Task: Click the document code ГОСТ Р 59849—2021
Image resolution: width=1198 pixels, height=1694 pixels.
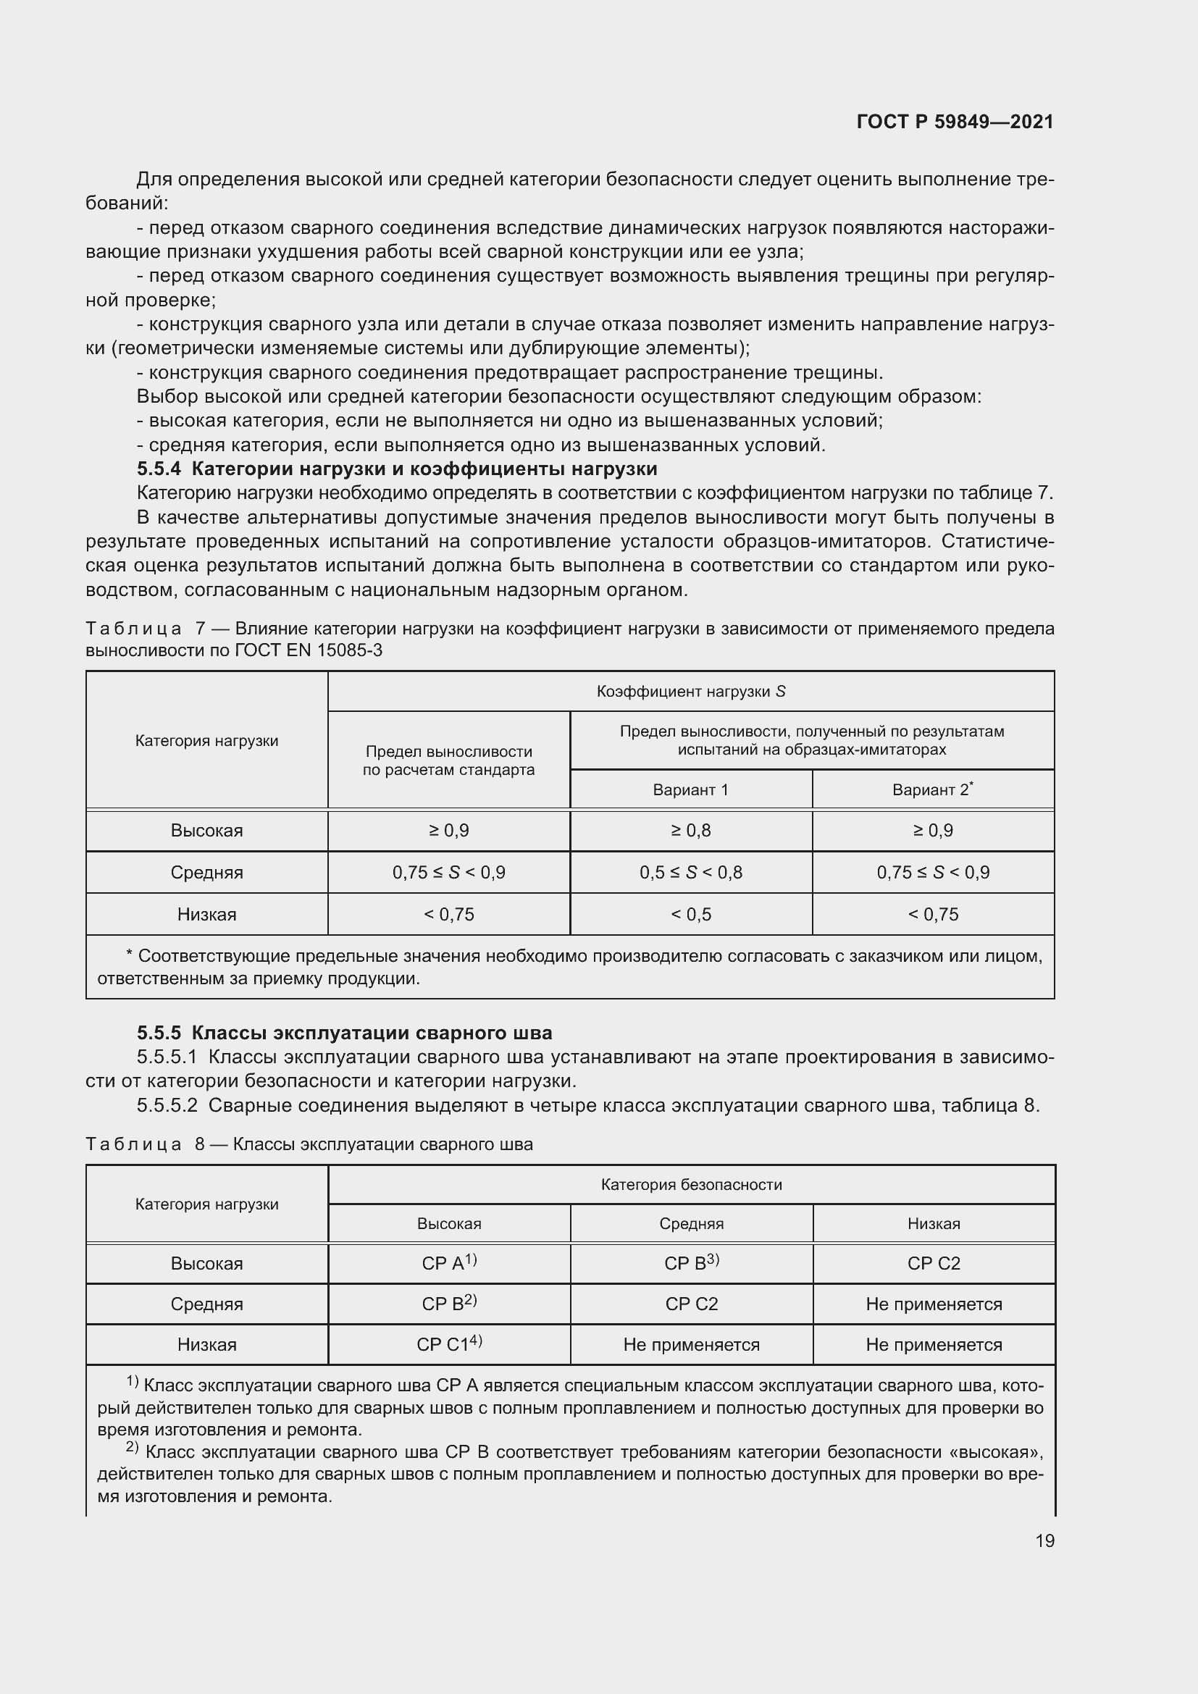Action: [955, 122]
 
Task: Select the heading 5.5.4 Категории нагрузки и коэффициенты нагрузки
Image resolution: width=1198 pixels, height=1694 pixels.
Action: [397, 469]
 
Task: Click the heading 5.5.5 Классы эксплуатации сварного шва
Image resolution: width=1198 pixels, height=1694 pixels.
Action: [345, 1033]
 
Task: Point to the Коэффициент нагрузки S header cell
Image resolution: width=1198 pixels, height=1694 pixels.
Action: [690, 692]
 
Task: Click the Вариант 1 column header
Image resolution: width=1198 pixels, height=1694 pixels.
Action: [690, 789]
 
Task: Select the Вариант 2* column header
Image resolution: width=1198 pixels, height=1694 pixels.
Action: [932, 789]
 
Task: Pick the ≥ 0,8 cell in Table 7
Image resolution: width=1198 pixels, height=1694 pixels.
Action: [690, 831]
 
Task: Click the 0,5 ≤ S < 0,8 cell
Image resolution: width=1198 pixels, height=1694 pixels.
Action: [690, 873]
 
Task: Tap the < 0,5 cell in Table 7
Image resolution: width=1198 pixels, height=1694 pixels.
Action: [690, 915]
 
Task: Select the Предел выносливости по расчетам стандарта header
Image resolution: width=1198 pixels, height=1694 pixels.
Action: [448, 760]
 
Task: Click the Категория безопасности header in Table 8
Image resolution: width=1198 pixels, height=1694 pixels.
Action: [690, 1185]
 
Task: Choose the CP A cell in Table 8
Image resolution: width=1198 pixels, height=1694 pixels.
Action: [448, 1263]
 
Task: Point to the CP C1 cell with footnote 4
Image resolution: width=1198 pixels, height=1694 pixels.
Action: [448, 1344]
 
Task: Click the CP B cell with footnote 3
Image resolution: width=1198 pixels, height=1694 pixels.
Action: [690, 1263]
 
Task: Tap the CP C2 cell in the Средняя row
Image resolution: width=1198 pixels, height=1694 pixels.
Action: [690, 1304]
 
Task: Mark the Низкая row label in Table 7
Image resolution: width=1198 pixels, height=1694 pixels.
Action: [206, 915]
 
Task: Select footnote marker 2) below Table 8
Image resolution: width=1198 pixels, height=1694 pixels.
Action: [132, 1448]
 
